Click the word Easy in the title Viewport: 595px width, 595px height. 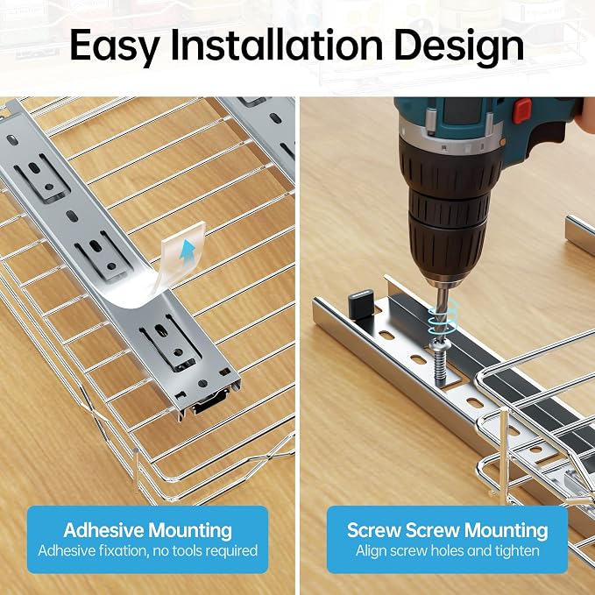114,46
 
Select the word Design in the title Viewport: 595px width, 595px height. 459,46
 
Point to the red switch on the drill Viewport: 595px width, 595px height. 522,110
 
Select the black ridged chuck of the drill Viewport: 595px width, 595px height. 448,212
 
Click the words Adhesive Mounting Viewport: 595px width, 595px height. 147,530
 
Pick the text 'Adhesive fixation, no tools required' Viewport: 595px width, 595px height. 147,550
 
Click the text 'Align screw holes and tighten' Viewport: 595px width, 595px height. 448,550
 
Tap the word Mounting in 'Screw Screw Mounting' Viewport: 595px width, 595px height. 506,530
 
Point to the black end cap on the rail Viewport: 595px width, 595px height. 361,303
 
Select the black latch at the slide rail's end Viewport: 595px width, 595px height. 209,403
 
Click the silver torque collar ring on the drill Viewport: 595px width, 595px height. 450,138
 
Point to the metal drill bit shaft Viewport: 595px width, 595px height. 442,311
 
